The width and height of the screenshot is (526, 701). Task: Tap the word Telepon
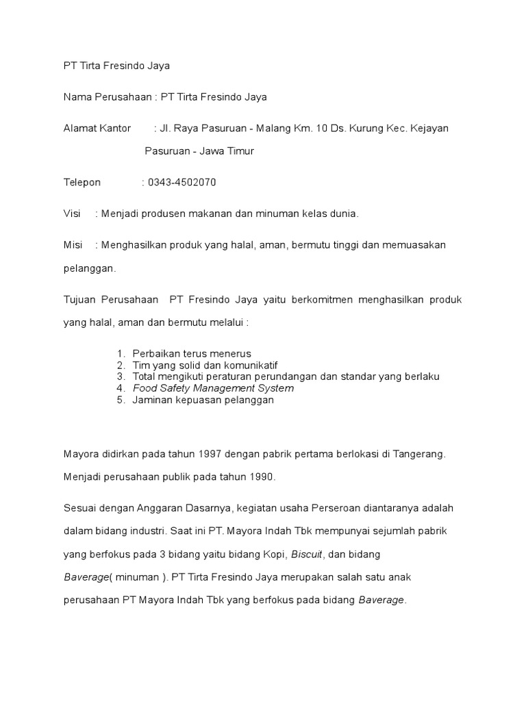pos(82,182)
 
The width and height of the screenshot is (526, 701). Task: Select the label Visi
pos(72,214)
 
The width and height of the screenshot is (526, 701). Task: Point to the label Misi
pos(73,244)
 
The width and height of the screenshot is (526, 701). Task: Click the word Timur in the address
pos(240,151)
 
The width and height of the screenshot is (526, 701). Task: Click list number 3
pos(121,377)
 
